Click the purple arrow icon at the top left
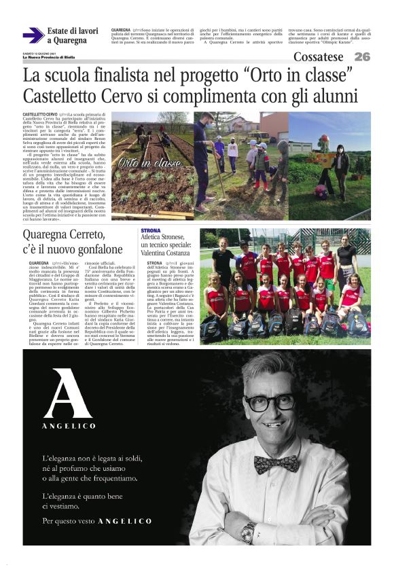point(33,35)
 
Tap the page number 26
point(362,57)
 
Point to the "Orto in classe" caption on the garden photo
point(140,163)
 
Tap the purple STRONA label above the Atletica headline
point(151,231)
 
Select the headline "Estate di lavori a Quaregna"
point(73,35)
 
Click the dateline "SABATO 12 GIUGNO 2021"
point(38,53)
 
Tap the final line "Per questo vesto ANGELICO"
point(96,520)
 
